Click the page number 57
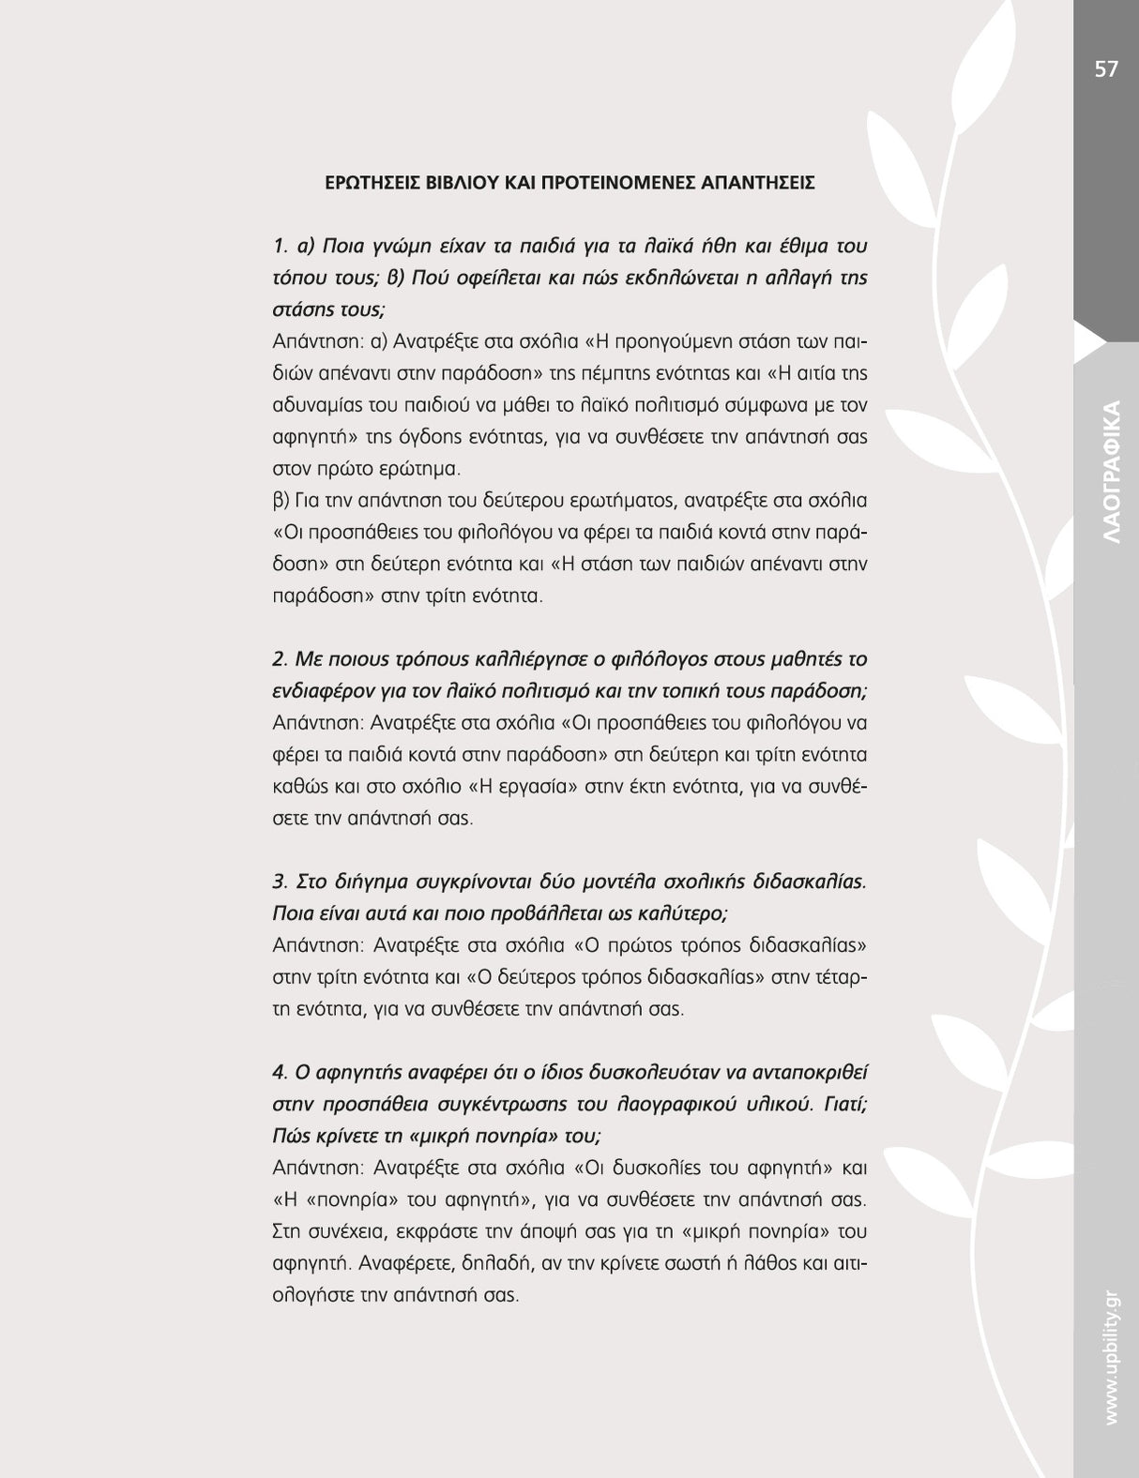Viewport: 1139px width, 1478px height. [1106, 69]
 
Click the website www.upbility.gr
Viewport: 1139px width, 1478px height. [1112, 1355]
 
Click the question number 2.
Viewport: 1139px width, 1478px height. [279, 659]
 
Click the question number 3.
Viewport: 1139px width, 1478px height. [279, 882]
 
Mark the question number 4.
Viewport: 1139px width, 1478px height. [279, 1072]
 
